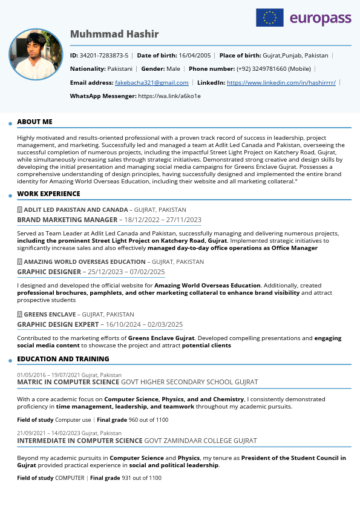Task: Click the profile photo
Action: [36, 54]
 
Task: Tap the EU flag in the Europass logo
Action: [270, 18]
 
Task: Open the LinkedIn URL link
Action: [281, 82]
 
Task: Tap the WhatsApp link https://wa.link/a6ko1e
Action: [169, 96]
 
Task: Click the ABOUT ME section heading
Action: [34, 122]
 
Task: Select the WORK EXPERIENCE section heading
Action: [48, 194]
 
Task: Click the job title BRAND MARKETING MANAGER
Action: [67, 220]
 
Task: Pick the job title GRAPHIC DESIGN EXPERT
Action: [57, 324]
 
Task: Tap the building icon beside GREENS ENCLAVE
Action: [20, 314]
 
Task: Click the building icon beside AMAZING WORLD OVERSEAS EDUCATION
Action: [20, 261]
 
